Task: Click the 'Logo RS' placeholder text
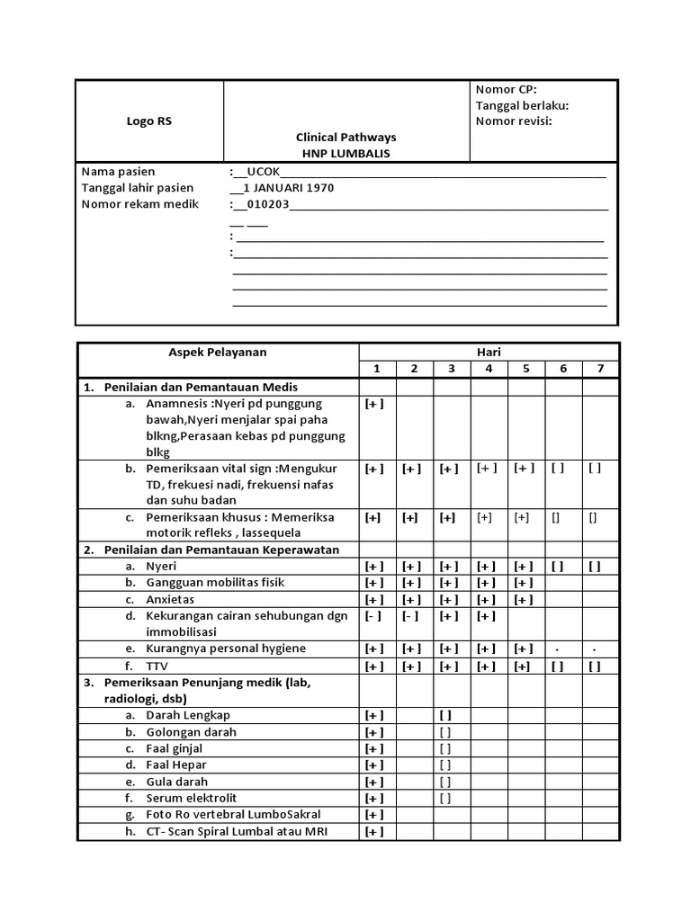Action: [149, 121]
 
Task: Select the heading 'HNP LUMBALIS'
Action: [346, 154]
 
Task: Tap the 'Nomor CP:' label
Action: [506, 89]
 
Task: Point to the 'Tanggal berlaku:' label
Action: [522, 105]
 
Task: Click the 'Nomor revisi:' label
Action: [514, 121]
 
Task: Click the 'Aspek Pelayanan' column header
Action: [219, 353]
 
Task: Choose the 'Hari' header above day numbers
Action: [489, 353]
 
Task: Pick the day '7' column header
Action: [600, 369]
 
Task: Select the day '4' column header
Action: [489, 369]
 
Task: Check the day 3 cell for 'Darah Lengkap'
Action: [451, 715]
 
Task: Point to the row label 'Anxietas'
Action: [170, 599]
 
